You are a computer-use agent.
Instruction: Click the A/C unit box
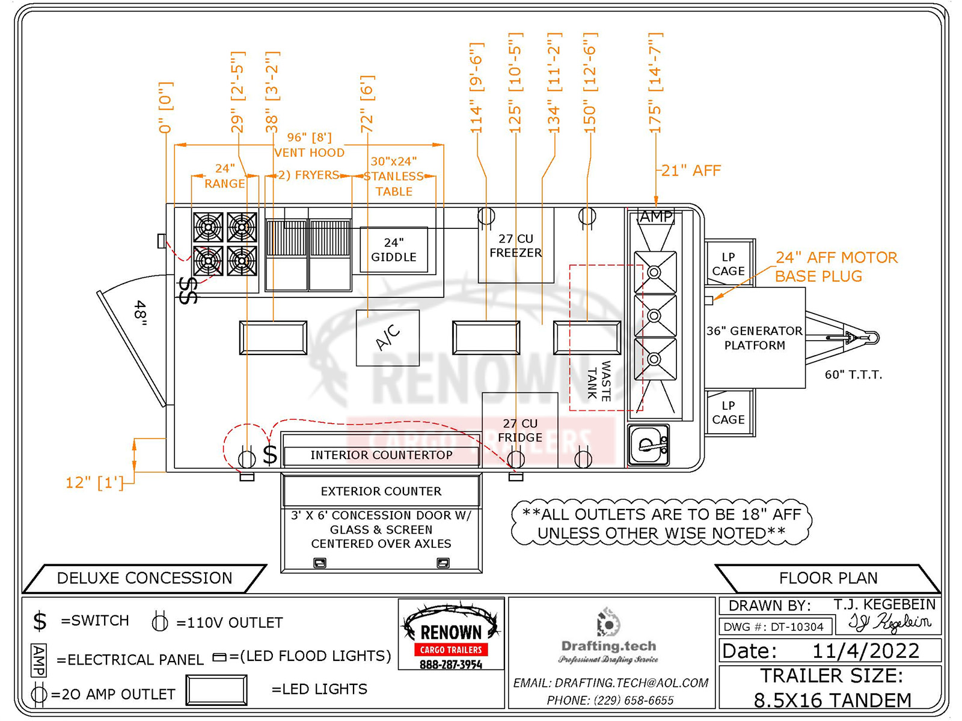(x=388, y=338)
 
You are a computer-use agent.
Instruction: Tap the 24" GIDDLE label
(x=394, y=250)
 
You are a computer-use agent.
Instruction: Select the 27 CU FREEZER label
(x=516, y=246)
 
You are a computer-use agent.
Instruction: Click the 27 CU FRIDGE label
(x=520, y=431)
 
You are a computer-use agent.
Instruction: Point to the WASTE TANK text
(x=599, y=380)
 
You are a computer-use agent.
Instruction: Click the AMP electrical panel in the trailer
(x=655, y=217)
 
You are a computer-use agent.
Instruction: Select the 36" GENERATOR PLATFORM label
(x=755, y=338)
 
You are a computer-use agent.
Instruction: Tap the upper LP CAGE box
(x=728, y=264)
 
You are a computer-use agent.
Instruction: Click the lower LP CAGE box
(x=728, y=413)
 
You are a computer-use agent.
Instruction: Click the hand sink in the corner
(x=649, y=445)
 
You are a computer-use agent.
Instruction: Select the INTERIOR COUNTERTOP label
(x=381, y=455)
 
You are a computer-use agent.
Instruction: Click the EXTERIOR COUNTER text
(x=381, y=491)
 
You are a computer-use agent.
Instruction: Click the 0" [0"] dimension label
(x=165, y=108)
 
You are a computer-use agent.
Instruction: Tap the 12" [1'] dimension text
(x=94, y=482)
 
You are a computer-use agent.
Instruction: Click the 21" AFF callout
(x=691, y=171)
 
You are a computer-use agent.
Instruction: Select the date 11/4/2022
(x=865, y=651)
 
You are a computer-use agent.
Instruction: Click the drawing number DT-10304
(x=797, y=627)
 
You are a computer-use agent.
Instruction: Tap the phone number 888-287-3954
(x=451, y=665)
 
